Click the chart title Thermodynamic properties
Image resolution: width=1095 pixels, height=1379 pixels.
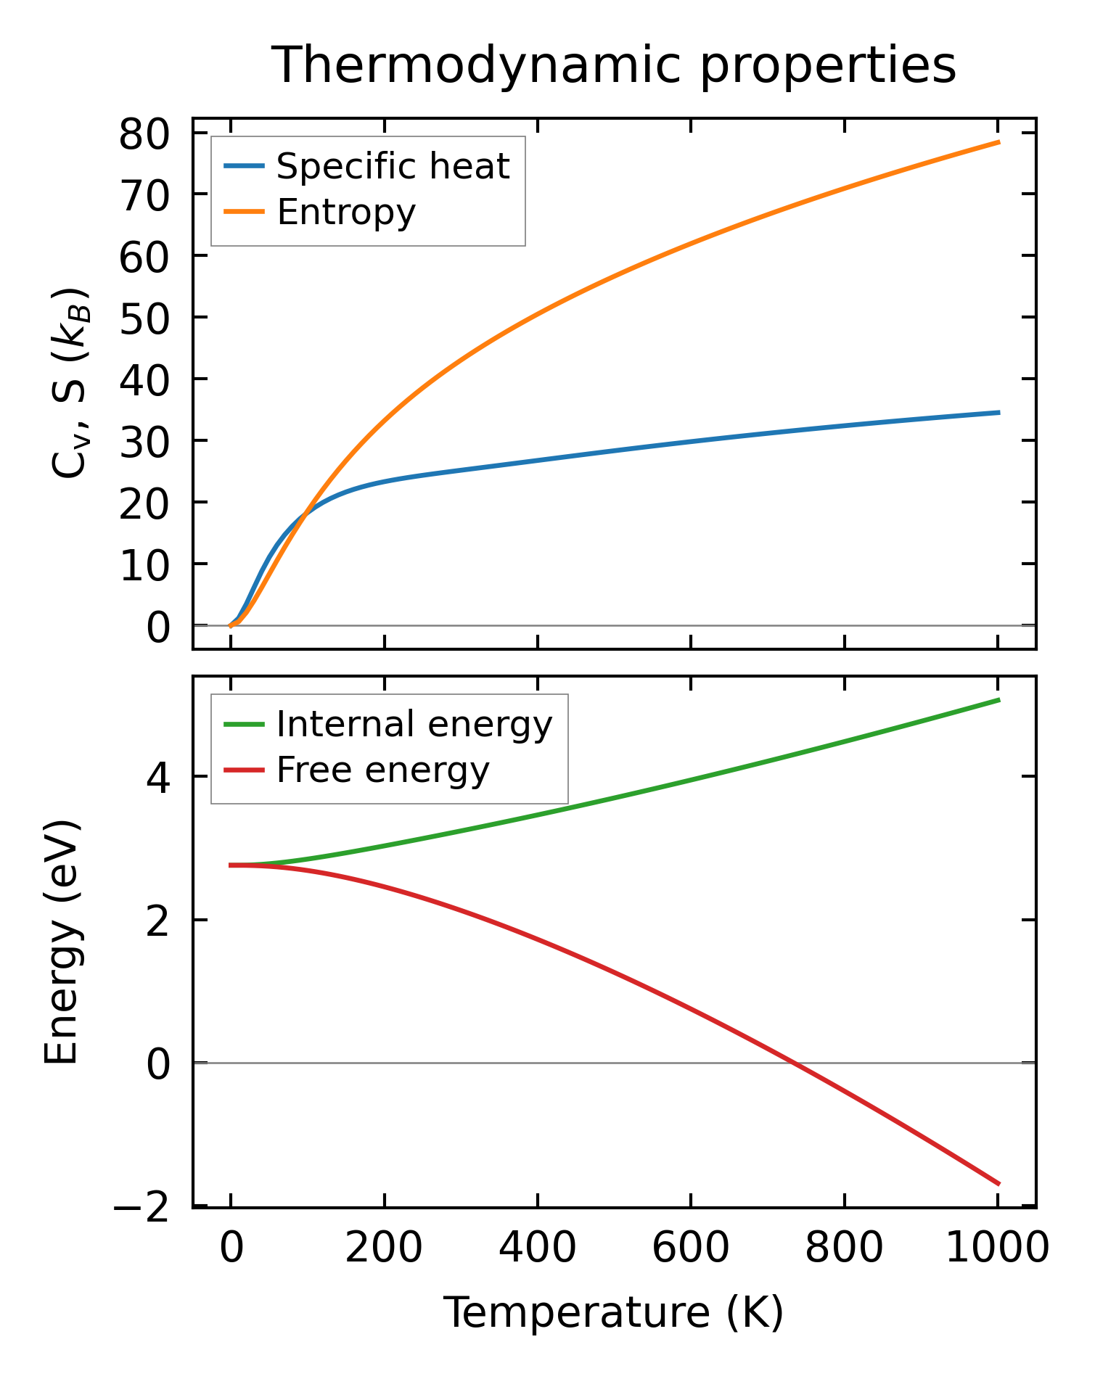(x=614, y=65)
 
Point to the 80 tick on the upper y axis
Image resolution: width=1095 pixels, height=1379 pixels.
(x=144, y=134)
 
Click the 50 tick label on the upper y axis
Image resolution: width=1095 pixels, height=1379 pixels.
(x=144, y=318)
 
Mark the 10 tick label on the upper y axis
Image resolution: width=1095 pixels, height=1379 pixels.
(x=144, y=564)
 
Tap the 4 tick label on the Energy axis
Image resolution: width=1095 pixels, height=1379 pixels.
(x=158, y=777)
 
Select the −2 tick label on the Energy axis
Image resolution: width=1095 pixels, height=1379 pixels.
(x=142, y=1207)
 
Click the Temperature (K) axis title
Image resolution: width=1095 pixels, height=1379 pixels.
(x=614, y=1312)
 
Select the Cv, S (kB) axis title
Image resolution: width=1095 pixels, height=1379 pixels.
(x=70, y=383)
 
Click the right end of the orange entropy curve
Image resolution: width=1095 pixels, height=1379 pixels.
(x=998, y=142)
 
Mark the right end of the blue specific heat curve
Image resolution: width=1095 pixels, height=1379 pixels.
(x=998, y=413)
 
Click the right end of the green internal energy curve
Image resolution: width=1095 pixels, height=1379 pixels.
(x=998, y=700)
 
